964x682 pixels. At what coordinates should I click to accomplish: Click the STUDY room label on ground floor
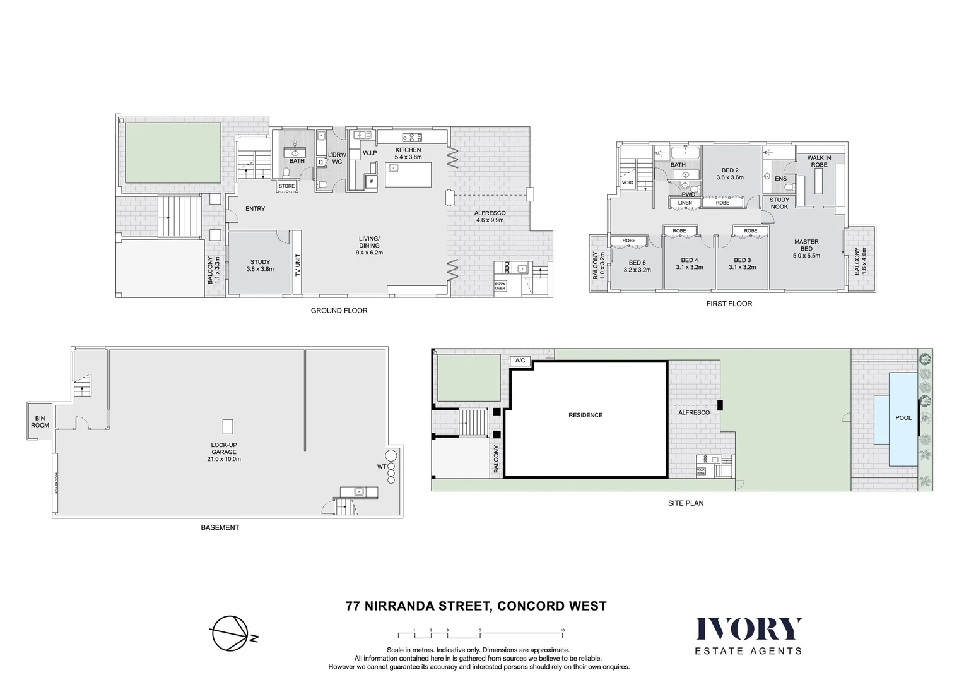[260, 262]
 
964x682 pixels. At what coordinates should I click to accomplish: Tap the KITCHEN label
[408, 150]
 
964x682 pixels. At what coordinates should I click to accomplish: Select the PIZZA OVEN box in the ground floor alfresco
[500, 286]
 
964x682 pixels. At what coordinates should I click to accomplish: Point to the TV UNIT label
[298, 265]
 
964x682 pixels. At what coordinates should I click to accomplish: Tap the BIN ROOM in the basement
[40, 422]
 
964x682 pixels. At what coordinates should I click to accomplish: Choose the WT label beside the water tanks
[382, 467]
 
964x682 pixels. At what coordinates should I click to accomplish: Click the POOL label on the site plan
[903, 417]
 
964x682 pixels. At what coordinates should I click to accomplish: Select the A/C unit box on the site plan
[520, 361]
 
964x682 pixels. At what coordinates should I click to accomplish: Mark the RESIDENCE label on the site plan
[585, 415]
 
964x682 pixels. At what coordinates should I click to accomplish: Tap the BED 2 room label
[730, 170]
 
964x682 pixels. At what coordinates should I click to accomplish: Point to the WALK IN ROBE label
[819, 161]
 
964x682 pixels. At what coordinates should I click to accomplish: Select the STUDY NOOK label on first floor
[779, 203]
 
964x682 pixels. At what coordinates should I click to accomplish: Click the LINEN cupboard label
[685, 203]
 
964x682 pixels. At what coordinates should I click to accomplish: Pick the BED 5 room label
[637, 263]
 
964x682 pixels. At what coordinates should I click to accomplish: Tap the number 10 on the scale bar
[562, 630]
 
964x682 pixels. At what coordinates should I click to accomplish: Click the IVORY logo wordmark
[748, 629]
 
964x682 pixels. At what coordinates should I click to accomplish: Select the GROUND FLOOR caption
[339, 311]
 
